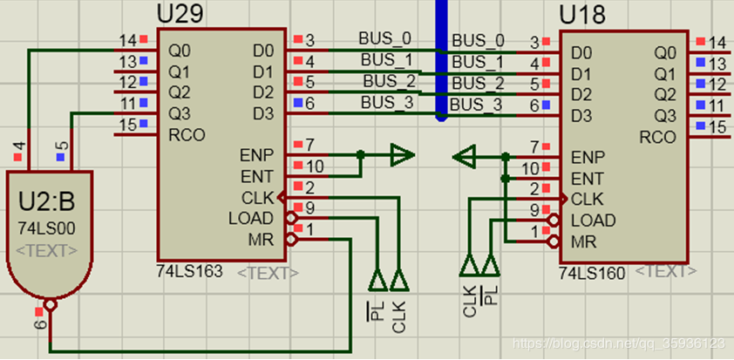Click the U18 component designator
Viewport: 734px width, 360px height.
[582, 15]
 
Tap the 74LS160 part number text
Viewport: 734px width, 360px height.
[594, 273]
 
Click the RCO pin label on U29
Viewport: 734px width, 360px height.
[185, 134]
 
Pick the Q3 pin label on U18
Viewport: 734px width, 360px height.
[664, 116]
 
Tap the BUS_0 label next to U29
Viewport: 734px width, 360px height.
[384, 39]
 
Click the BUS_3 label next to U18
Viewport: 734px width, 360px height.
[478, 105]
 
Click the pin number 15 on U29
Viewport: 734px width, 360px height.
[127, 125]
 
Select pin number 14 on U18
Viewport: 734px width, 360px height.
[717, 42]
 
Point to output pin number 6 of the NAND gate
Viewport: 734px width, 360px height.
[41, 324]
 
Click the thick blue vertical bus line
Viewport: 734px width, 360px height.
[441, 61]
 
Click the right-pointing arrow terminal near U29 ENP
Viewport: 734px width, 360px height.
[401, 156]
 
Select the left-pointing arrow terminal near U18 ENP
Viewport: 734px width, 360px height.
[465, 157]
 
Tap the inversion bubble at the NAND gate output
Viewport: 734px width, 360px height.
[51, 307]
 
